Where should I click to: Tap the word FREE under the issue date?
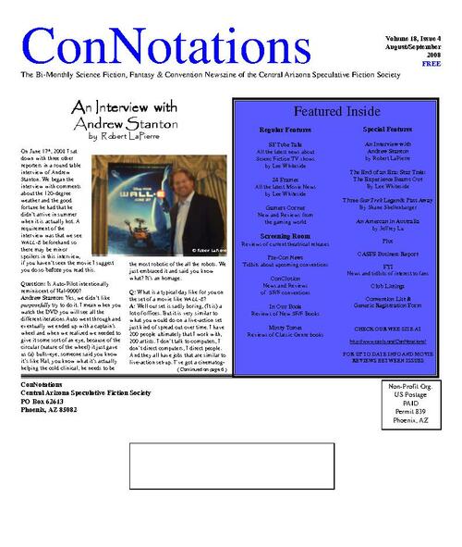click(432, 64)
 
